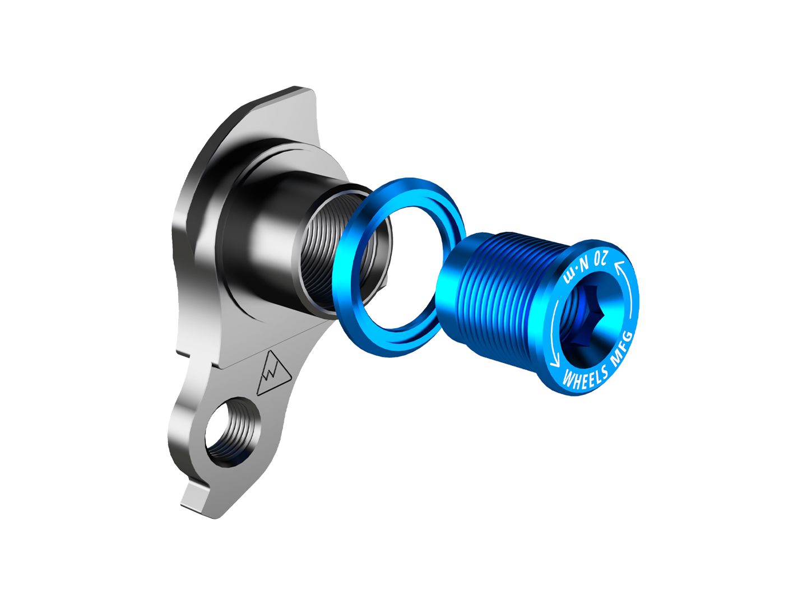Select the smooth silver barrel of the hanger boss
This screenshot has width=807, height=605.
pyautogui.click(x=269, y=224)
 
